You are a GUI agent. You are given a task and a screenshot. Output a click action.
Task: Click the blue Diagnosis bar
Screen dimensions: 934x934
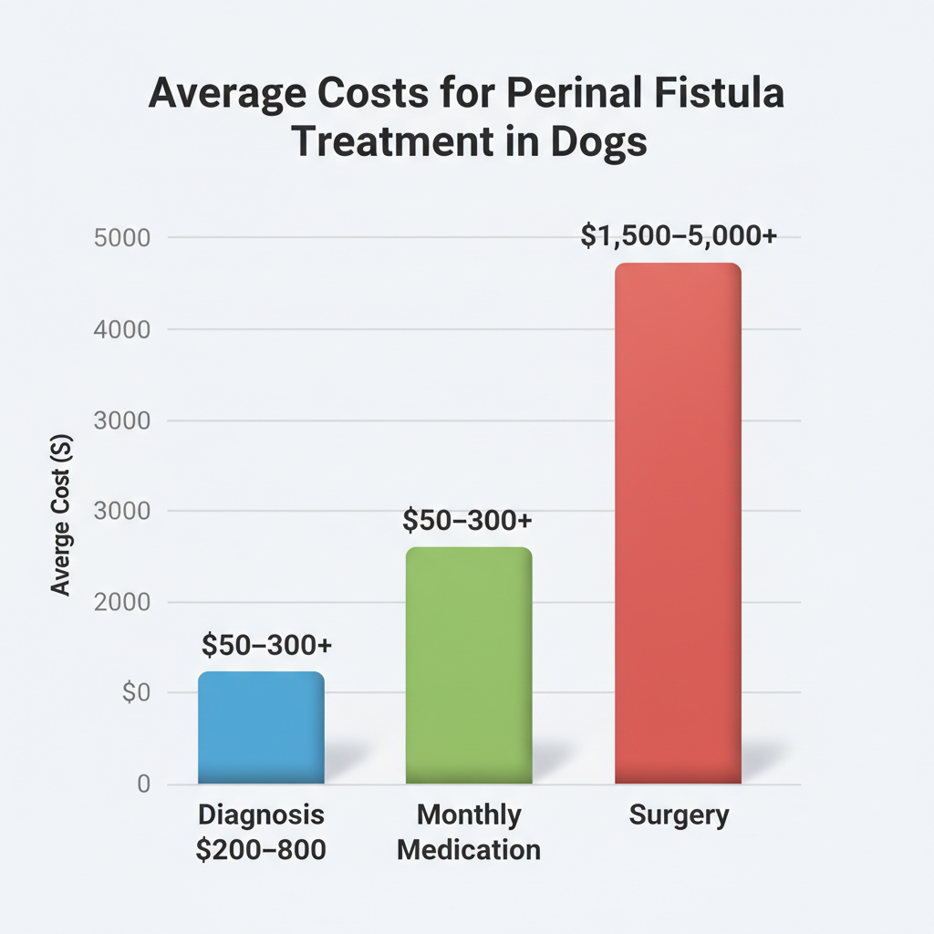261,728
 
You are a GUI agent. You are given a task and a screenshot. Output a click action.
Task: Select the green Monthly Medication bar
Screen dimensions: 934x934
468,666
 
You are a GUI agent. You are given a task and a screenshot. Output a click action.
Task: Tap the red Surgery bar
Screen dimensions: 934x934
678,524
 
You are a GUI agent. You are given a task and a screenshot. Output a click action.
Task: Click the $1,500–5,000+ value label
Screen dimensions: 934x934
679,236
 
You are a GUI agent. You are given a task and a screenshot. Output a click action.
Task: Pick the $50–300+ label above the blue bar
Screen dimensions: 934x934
266,645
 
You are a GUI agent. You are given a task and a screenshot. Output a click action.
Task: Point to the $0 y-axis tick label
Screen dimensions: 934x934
135,694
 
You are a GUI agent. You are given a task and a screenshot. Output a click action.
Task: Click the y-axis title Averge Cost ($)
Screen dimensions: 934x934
61,515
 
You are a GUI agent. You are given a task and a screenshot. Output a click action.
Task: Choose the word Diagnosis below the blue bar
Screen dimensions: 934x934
261,815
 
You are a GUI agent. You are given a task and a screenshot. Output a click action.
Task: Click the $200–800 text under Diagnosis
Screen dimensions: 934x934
261,850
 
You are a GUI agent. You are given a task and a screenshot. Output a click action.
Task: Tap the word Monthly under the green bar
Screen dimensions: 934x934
469,815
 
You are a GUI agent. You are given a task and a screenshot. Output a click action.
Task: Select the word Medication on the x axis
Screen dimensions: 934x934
469,850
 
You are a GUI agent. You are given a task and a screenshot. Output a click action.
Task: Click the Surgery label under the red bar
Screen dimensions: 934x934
679,815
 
